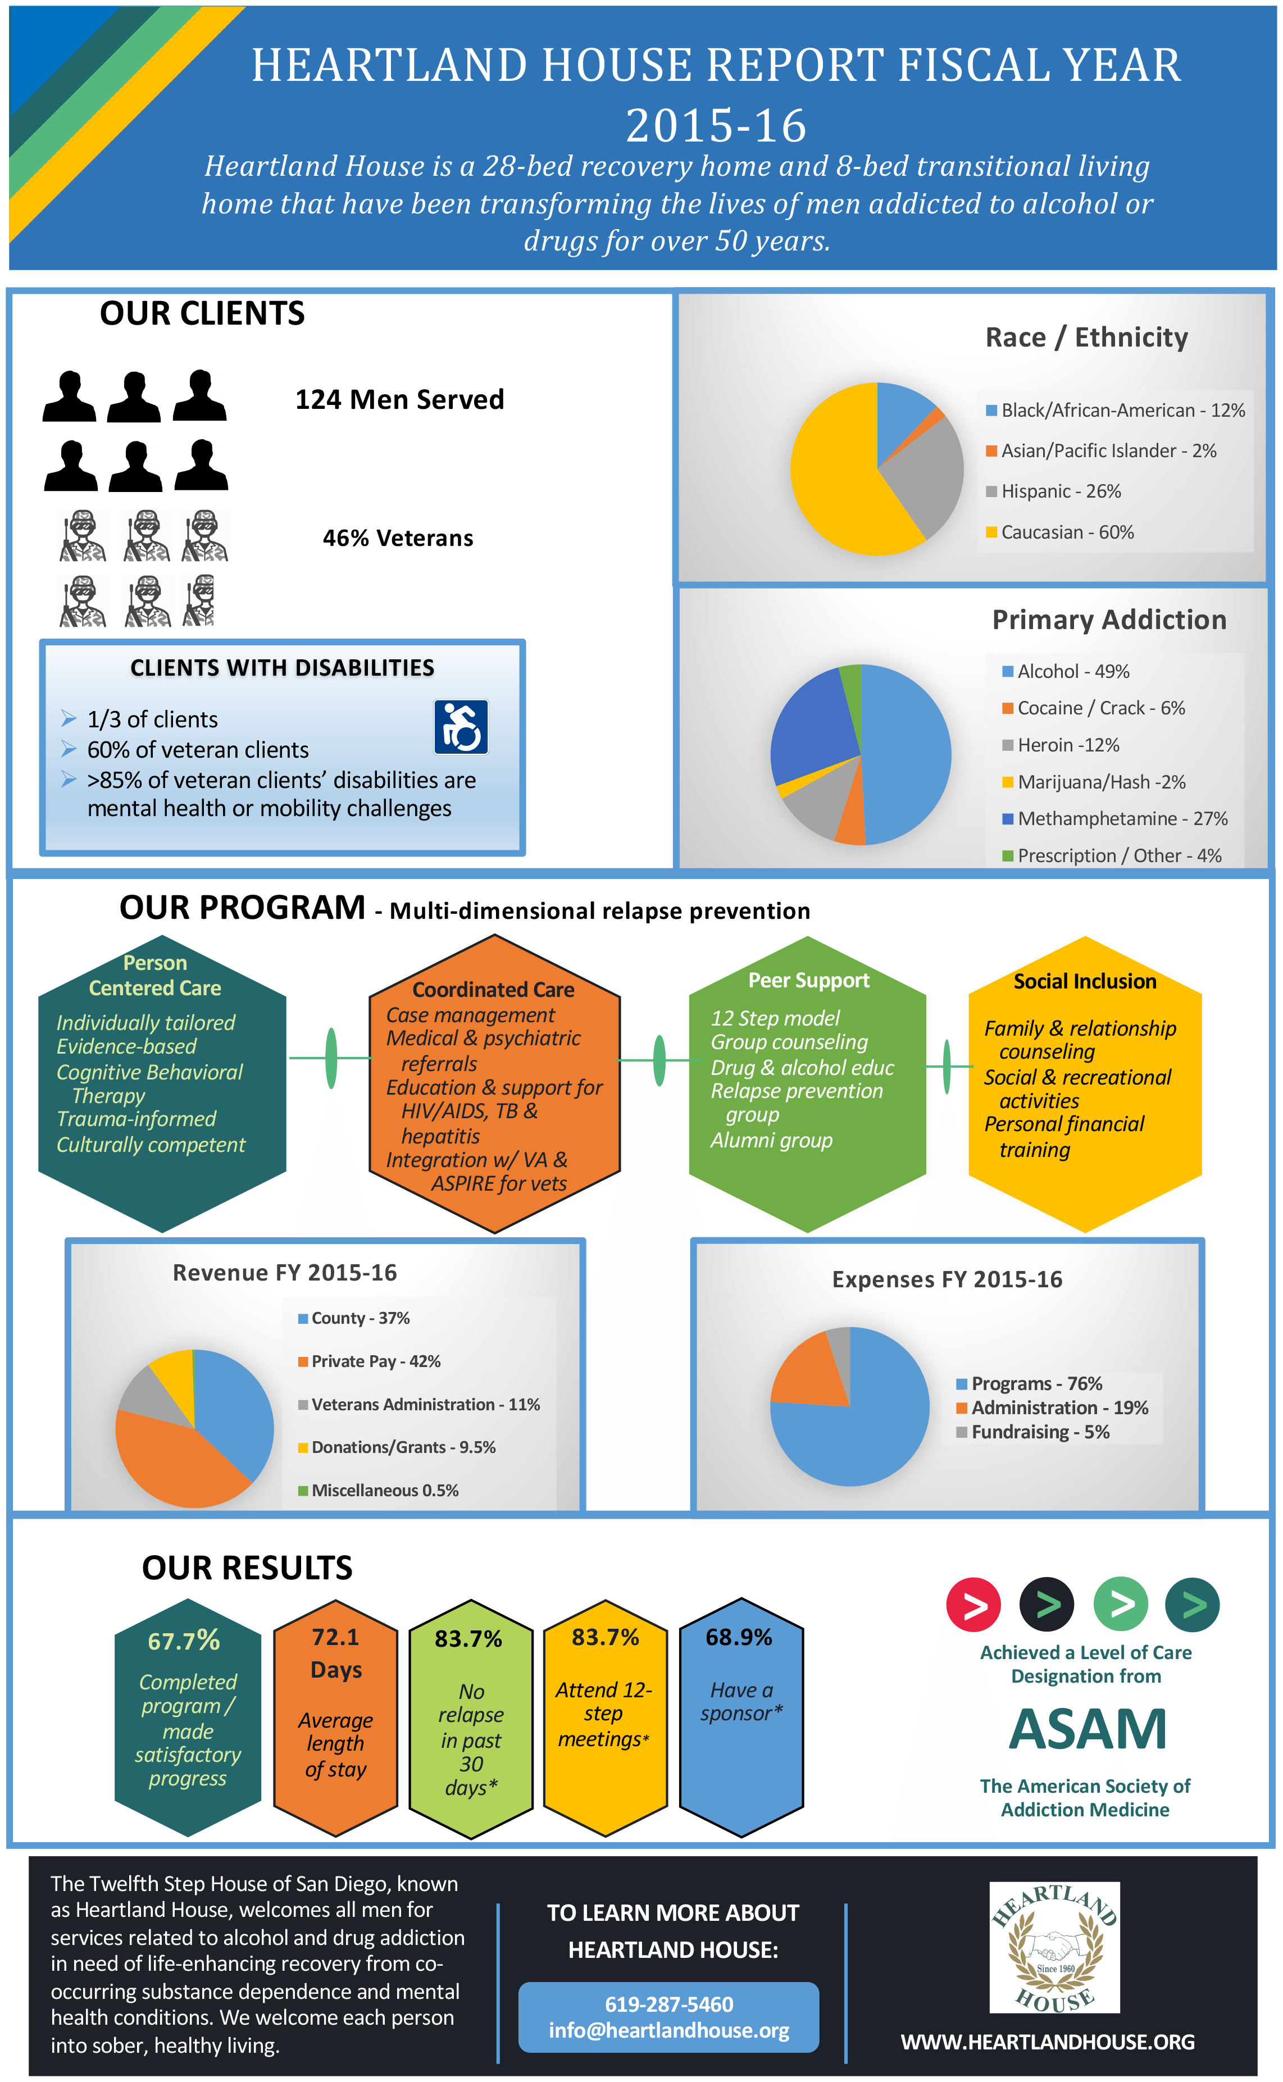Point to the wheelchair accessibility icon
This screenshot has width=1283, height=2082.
click(x=461, y=727)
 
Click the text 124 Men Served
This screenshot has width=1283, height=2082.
click(x=399, y=399)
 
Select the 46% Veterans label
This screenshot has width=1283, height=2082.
click(x=398, y=538)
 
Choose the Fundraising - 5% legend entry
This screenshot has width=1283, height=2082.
click(x=1032, y=1432)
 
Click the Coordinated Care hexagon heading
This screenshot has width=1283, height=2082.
click(x=493, y=989)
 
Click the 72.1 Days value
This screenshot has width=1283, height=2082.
click(x=336, y=1653)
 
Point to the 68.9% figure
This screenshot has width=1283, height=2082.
click(x=739, y=1637)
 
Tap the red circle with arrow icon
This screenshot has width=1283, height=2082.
click(x=973, y=1605)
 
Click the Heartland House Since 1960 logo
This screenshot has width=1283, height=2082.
click(x=1054, y=1948)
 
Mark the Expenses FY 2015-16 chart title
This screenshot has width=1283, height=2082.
click(x=947, y=1279)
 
